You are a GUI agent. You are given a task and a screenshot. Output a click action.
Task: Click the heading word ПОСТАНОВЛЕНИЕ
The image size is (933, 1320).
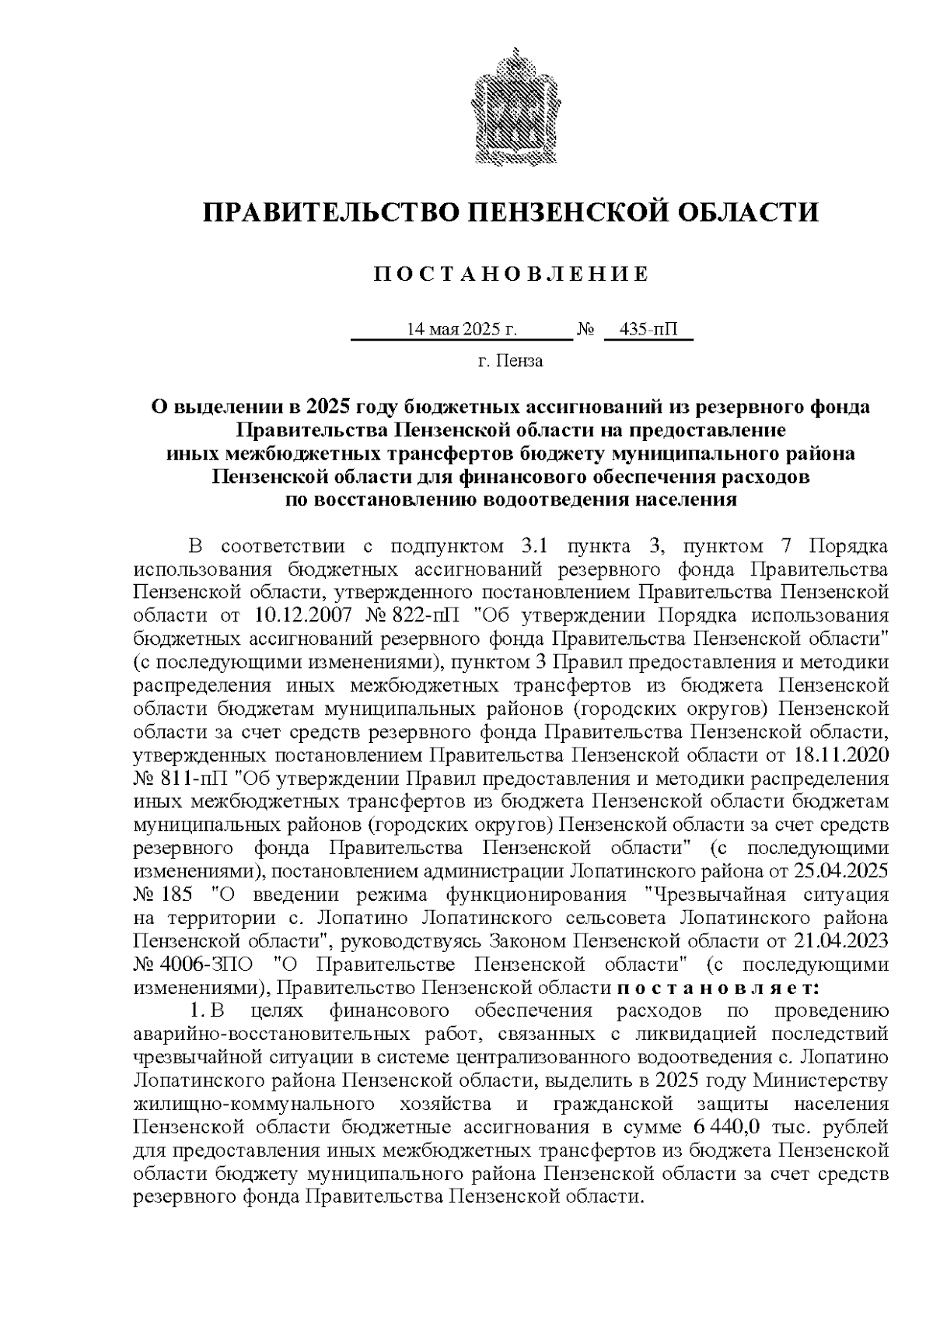pos(511,275)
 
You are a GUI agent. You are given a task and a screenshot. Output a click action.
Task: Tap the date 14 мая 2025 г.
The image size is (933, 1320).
pos(461,330)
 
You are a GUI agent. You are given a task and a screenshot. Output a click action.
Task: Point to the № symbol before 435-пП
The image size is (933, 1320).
pos(585,330)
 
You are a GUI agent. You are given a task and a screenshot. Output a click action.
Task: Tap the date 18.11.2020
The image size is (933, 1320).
pos(842,755)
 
